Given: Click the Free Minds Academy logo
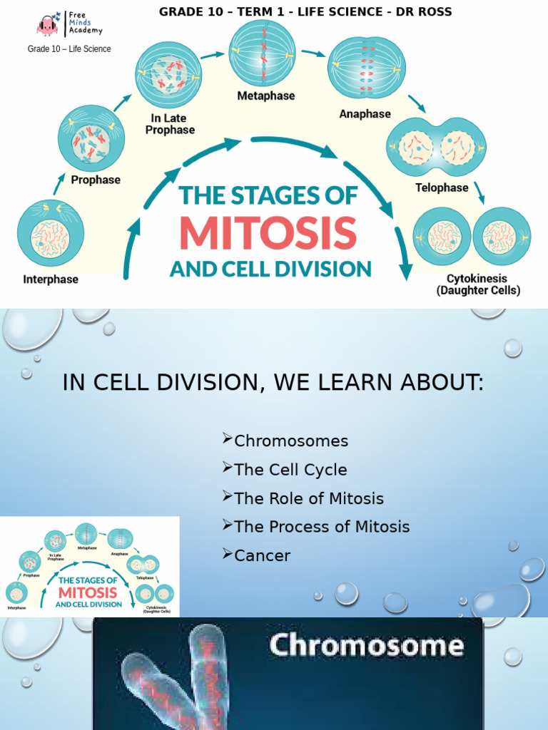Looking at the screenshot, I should pyautogui.click(x=70, y=23).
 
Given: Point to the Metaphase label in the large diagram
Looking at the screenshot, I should pyautogui.click(x=266, y=96).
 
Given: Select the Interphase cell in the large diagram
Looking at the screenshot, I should pyautogui.click(x=51, y=233).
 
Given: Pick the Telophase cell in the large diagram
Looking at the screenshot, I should pyautogui.click(x=436, y=148).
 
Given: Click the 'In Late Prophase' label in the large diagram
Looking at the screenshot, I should pyautogui.click(x=172, y=124).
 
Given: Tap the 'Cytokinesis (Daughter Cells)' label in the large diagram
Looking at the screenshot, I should pyautogui.click(x=478, y=284).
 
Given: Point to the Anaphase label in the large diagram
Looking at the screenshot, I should pyautogui.click(x=365, y=114).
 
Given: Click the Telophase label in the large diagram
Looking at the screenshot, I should pyautogui.click(x=442, y=187).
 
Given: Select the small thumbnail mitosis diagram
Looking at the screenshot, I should pyautogui.click(x=89, y=567).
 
